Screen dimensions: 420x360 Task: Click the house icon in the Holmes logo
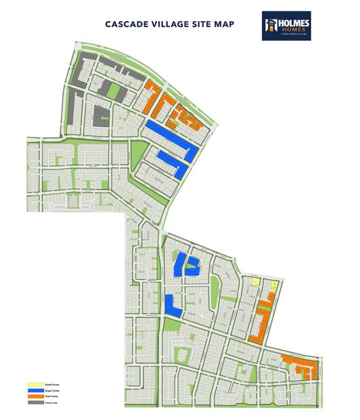[272, 24]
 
